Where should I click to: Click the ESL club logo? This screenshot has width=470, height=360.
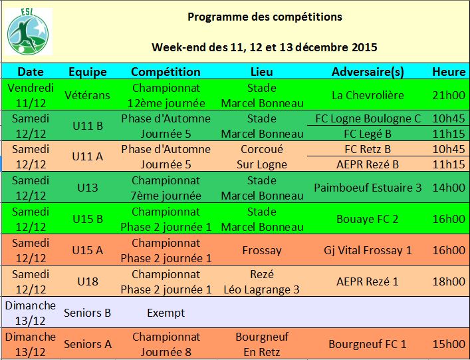point(29,31)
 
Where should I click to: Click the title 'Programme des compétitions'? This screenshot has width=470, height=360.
point(265,17)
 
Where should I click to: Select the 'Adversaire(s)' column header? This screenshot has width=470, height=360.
point(368,72)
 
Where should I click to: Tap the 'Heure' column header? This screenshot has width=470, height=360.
point(449,72)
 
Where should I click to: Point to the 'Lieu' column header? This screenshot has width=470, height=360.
point(262,72)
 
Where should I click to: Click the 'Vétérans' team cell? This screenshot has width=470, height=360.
point(88,95)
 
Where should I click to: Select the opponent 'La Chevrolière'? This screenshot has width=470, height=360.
point(368,95)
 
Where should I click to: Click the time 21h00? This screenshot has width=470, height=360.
point(449,95)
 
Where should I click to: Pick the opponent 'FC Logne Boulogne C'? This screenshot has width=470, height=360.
point(368,119)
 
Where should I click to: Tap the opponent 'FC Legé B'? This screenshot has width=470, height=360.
point(368,134)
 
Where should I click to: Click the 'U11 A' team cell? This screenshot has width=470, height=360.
point(88,156)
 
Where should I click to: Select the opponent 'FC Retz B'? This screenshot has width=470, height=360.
point(368,150)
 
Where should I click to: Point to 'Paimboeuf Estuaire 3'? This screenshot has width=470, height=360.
point(368,188)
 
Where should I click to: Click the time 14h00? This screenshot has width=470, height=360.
point(449,188)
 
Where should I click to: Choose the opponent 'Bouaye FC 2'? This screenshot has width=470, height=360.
point(368,220)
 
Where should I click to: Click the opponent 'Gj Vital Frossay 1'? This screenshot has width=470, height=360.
point(368,250)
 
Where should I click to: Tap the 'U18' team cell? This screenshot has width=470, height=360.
point(88,281)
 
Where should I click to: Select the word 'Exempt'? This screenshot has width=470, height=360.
point(166,313)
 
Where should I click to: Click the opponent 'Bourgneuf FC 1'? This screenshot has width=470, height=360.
point(368,344)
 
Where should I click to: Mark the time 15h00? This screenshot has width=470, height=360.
point(449,344)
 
